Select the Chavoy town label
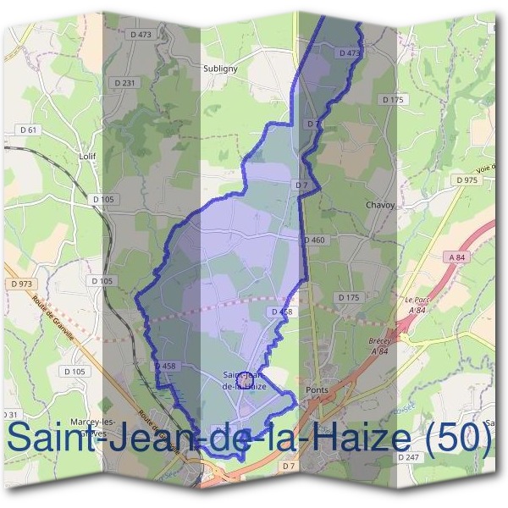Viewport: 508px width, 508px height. pos(379,205)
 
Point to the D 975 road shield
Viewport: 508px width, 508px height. pos(466,180)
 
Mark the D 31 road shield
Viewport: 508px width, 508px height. pos(10,414)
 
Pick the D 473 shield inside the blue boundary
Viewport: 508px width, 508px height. pos(349,52)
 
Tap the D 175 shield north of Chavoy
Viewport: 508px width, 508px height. pos(393,100)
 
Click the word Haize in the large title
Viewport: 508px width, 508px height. pos(363,437)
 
